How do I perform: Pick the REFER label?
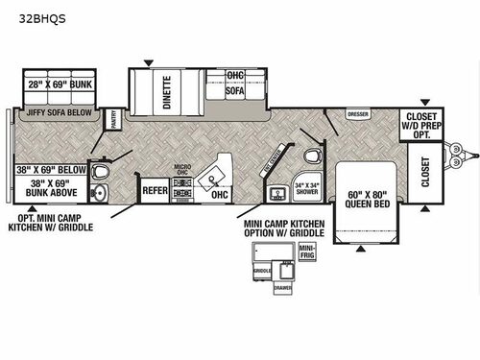tap(156, 190)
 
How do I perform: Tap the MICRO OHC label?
tap(182, 171)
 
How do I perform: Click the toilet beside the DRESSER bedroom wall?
tap(310, 156)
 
